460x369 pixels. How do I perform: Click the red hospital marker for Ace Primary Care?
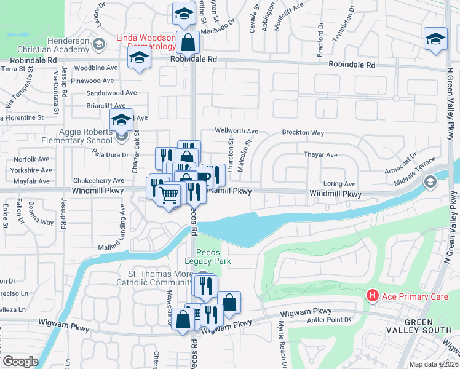(372, 296)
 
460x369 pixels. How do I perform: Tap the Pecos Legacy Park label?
(213, 257)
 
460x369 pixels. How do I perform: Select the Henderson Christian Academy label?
(58, 45)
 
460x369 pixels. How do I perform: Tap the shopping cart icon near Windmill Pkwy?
(169, 196)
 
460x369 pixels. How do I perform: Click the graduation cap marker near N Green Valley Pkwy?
(435, 39)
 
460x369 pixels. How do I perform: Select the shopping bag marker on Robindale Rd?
(188, 43)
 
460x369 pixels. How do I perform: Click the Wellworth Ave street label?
(236, 131)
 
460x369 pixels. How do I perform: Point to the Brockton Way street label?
(303, 132)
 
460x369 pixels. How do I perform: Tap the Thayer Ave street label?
(320, 155)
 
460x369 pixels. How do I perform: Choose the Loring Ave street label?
(339, 184)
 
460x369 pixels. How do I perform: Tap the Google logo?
(20, 362)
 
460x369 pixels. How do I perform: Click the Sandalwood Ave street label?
(111, 93)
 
